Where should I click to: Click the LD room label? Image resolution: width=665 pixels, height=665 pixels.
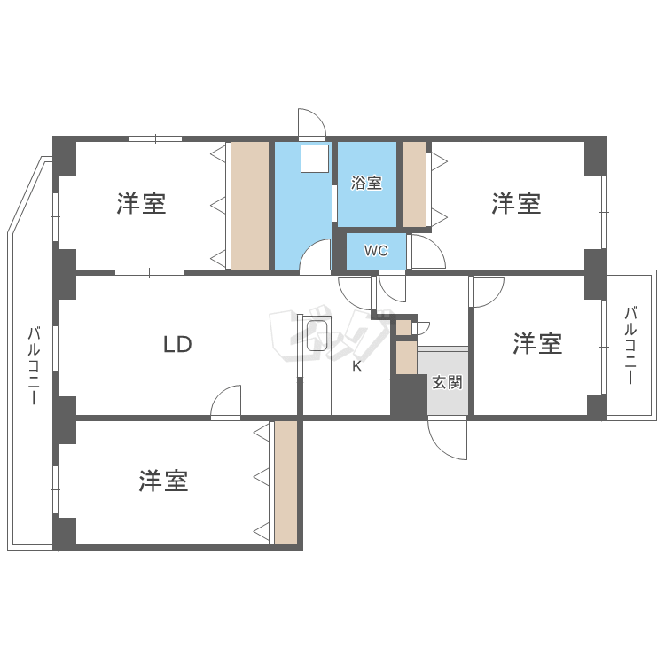177,344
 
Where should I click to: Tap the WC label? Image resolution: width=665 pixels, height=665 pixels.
377,251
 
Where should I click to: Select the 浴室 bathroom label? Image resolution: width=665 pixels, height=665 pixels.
366,184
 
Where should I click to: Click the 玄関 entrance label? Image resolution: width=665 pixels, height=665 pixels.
447,383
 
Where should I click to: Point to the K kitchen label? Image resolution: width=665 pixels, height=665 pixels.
356,366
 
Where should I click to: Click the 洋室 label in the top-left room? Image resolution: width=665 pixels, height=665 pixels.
141,204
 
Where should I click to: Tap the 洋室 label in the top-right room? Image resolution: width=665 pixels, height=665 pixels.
517,204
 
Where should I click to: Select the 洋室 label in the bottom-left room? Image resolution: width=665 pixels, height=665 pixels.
163,481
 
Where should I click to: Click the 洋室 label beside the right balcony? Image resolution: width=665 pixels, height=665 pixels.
537,344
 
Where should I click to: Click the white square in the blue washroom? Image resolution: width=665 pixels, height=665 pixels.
313,159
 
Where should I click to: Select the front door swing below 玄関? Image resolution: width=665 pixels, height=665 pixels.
450,439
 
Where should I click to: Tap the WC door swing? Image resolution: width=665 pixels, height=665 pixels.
426,253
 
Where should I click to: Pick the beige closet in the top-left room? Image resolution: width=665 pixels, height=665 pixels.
249,205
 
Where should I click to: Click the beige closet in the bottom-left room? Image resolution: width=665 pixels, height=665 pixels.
286,482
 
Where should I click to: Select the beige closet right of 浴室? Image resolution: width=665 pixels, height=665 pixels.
414,184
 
